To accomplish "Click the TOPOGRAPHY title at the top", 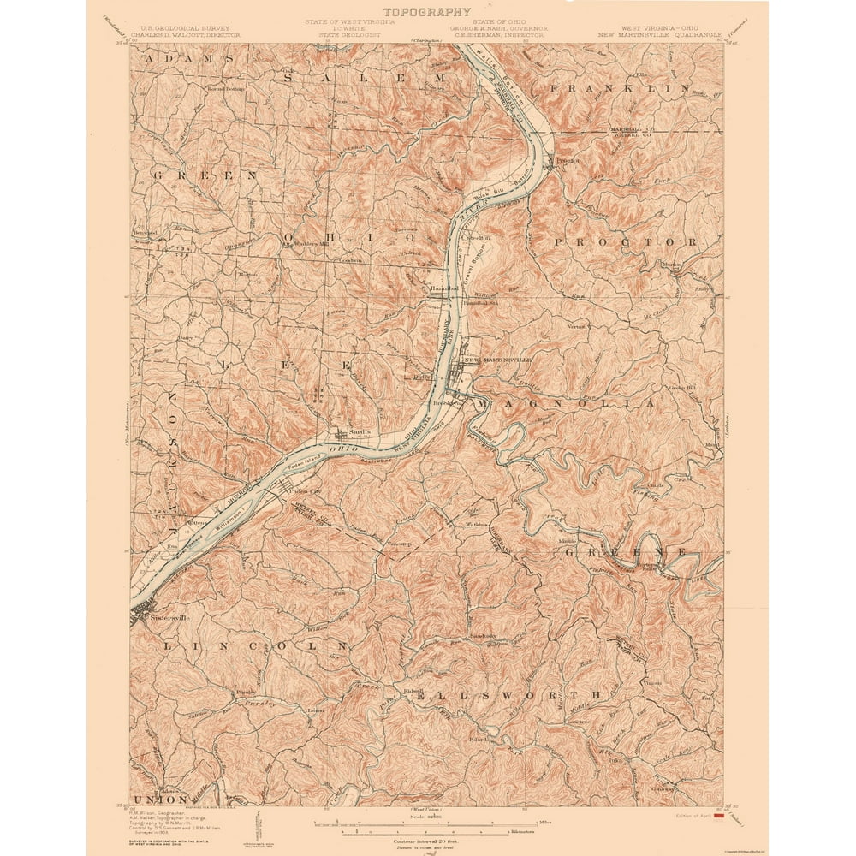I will pyautogui.click(x=427, y=12).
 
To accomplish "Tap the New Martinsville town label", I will pyautogui.click(x=497, y=360).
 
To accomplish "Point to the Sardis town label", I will pyautogui.click(x=358, y=432).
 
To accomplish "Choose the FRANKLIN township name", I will pyautogui.click(x=620, y=88).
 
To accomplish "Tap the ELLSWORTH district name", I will pyautogui.click(x=508, y=695).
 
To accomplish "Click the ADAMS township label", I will pyautogui.click(x=188, y=58).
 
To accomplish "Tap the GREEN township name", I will pyautogui.click(x=205, y=175).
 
